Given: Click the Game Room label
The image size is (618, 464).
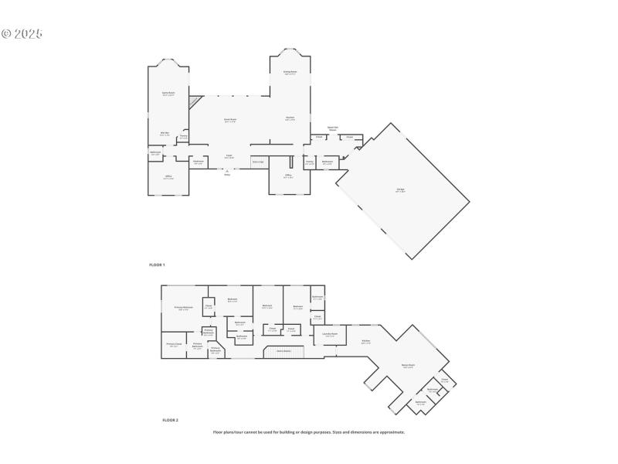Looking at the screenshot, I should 168,94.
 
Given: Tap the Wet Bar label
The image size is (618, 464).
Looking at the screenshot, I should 165,134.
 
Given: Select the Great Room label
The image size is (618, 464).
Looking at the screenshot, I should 230,119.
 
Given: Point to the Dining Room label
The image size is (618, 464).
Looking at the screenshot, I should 290,72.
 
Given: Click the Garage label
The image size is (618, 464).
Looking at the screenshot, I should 401,190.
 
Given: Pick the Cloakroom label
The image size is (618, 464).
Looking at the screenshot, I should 199,162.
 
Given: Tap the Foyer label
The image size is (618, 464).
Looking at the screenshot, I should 229,156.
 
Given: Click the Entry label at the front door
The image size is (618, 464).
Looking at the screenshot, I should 227,175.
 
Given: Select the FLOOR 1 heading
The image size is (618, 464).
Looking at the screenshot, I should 157,264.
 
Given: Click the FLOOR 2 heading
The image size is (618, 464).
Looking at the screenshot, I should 170,420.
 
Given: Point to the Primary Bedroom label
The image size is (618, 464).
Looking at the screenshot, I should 183,308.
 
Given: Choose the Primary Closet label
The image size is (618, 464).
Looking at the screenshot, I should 174,344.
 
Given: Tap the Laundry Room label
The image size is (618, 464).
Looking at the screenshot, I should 330,335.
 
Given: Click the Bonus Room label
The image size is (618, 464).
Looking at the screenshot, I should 409,365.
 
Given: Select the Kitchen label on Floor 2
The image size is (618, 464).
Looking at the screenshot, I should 365,341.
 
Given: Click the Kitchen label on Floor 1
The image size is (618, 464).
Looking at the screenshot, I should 290,118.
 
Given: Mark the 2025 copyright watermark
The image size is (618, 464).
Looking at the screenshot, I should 22,34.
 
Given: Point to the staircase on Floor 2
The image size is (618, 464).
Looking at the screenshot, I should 284,352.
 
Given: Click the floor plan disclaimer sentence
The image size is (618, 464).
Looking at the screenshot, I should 309,432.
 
